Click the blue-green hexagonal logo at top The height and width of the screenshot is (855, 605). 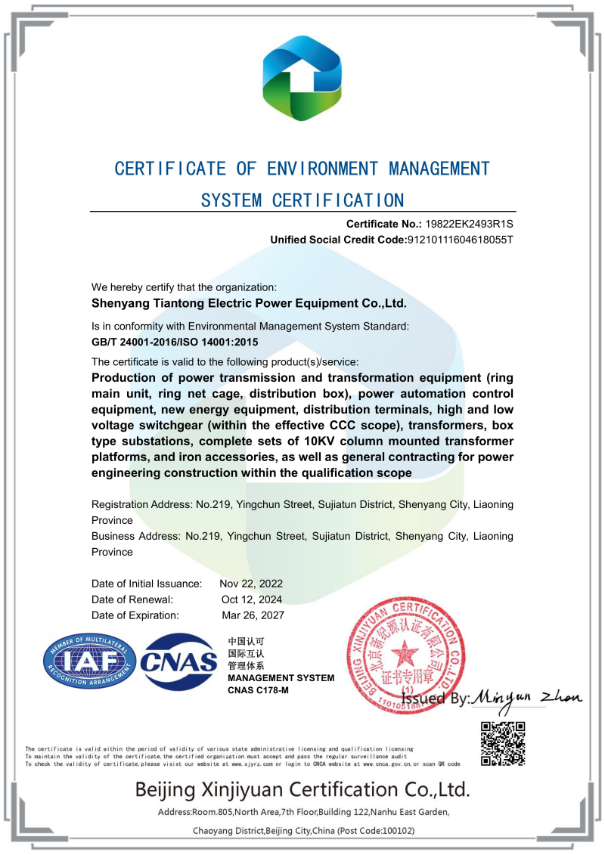click(x=302, y=78)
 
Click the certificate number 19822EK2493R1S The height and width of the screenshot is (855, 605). click(x=470, y=224)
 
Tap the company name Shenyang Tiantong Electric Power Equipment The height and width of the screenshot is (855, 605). click(x=249, y=303)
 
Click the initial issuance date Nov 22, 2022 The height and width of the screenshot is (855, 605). click(x=251, y=584)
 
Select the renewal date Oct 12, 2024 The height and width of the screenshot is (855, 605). click(x=251, y=599)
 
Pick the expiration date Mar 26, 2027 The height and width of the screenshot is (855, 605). click(x=252, y=615)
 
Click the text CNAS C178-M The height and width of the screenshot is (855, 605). click(x=259, y=691)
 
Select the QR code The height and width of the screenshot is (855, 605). click(x=503, y=744)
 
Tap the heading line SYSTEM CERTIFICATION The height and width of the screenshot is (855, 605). click(x=302, y=200)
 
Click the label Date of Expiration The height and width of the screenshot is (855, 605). click(x=135, y=615)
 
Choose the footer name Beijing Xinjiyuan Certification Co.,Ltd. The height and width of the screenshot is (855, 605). click(x=302, y=790)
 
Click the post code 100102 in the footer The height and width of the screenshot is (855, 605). click(x=395, y=831)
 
